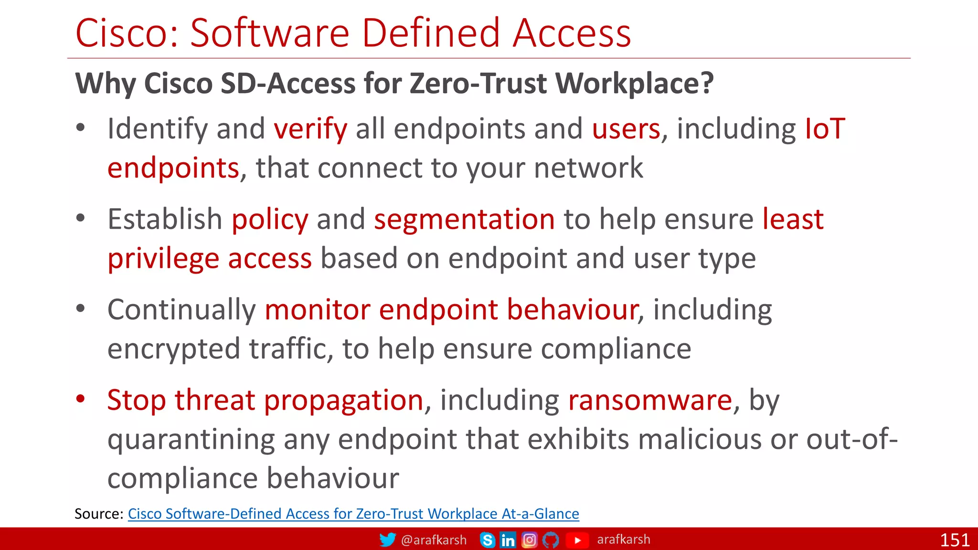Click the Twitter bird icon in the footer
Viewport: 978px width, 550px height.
[387, 539]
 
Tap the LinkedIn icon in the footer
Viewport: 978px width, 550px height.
[508, 540]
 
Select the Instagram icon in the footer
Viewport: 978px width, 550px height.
[529, 540]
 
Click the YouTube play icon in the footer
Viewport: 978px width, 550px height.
[577, 540]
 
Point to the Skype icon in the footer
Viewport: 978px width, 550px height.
[487, 540]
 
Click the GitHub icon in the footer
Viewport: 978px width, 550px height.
[551, 540]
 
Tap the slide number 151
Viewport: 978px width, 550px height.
[955, 540]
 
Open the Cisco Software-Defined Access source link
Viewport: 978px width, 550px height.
[353, 514]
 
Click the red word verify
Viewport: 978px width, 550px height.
[310, 129]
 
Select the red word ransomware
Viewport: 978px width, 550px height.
[650, 400]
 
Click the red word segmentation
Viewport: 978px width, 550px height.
[464, 219]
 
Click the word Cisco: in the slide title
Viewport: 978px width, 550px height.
[127, 33]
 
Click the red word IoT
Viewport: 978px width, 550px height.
[825, 129]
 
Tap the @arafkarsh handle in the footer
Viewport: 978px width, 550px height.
[434, 540]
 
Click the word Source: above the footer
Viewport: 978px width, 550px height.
[99, 514]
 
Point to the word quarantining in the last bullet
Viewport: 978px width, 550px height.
[191, 440]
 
